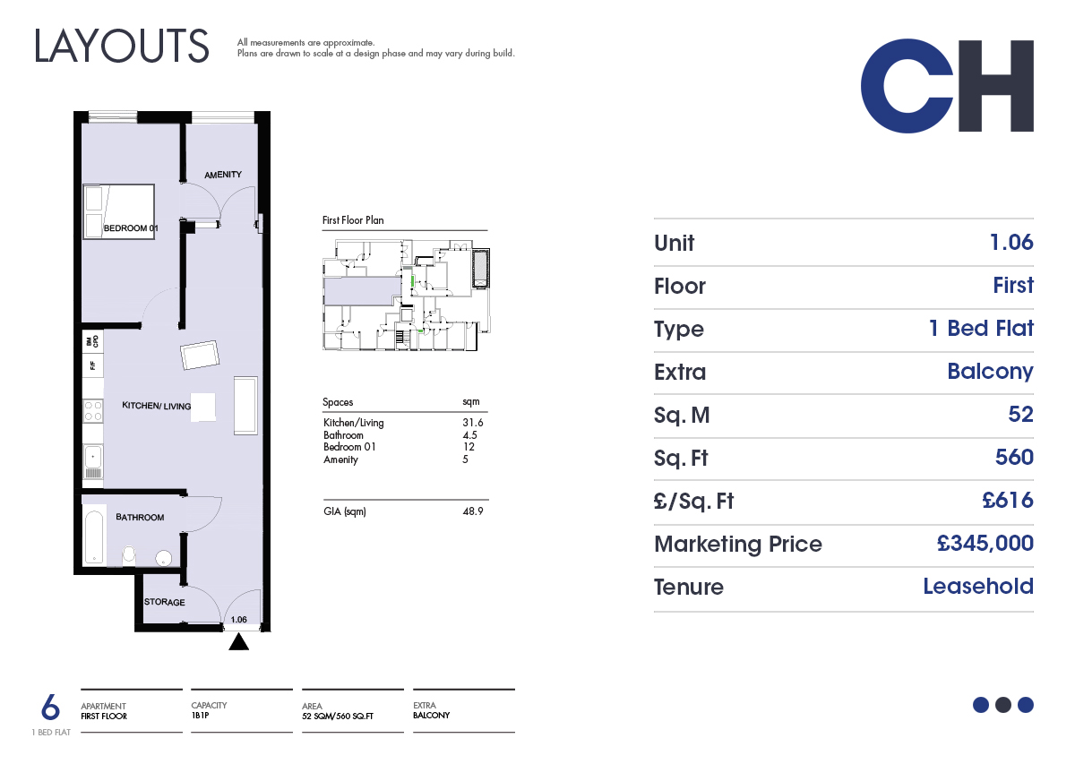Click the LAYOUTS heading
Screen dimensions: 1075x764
pos(122,46)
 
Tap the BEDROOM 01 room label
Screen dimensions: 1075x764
pos(131,228)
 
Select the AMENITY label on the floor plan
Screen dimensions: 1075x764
pos(223,175)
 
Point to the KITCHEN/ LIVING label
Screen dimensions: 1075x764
pos(157,406)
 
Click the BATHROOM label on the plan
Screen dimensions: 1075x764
pos(140,518)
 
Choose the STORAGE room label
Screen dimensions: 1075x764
pos(165,602)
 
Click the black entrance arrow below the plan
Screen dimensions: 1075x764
pos(238,641)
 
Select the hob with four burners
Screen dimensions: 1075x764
pos(93,411)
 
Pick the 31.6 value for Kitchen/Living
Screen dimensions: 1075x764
pos(473,423)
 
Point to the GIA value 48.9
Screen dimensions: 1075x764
pos(473,511)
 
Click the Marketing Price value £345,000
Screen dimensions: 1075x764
pos(985,544)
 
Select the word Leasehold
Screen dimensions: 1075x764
pos(978,586)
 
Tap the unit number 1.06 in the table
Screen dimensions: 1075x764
pos(1011,243)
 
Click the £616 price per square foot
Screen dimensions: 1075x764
pos(1008,500)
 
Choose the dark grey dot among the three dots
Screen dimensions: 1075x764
pos(1003,705)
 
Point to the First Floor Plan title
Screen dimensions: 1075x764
pos(353,220)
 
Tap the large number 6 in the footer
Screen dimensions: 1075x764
pos(50,707)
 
